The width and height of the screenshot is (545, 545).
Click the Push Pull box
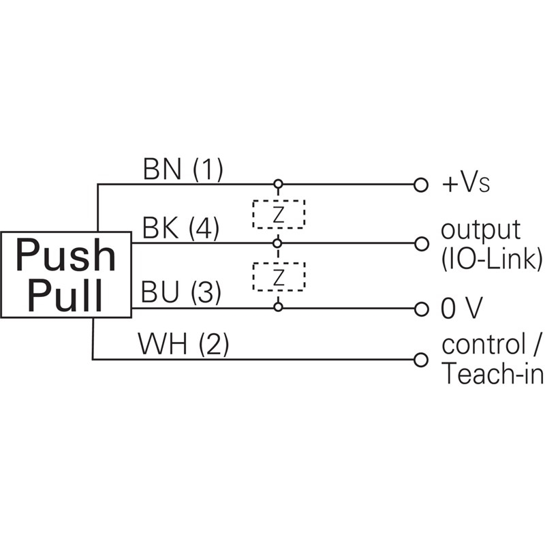click(x=66, y=275)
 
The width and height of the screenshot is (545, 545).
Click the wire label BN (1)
click(x=183, y=170)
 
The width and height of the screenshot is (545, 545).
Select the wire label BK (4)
click(x=180, y=229)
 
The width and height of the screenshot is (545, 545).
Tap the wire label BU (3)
click(x=181, y=294)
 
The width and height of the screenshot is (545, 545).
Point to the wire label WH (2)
click(x=183, y=345)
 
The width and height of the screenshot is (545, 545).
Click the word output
click(x=481, y=230)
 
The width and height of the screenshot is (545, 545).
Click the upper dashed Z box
click(x=278, y=214)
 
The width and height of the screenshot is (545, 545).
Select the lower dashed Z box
click(x=278, y=276)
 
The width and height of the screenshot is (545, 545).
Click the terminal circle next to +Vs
click(x=421, y=185)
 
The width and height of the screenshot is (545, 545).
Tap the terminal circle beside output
click(x=421, y=243)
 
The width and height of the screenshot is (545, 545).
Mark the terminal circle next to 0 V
click(x=421, y=309)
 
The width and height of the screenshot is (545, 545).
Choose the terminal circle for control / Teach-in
click(x=421, y=359)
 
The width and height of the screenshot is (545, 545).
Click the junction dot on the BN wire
click(x=278, y=185)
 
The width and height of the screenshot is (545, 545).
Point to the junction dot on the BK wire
click(x=278, y=243)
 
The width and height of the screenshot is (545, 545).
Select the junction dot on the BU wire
click(x=278, y=308)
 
